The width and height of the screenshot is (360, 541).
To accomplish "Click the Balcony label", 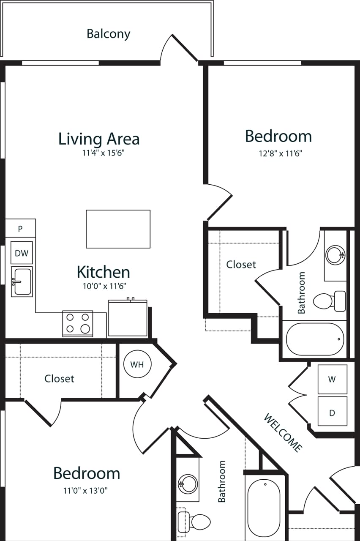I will [108, 34].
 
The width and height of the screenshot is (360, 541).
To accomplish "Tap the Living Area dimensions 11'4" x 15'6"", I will [103, 153].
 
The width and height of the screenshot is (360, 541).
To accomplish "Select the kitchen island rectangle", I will [118, 229].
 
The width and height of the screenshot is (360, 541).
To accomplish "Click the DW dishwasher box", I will [22, 253].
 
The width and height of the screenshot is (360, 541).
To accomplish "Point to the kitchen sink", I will [22, 282].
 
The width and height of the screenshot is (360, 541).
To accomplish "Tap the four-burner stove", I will [78, 323].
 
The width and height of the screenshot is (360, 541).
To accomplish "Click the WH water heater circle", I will [137, 364].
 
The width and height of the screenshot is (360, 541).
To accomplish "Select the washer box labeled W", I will [332, 380].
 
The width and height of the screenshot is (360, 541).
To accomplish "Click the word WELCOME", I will [283, 432].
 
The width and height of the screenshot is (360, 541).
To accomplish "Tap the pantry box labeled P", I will [20, 229].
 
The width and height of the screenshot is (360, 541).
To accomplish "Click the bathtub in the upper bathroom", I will [315, 339].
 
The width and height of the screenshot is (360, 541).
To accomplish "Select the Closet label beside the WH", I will [59, 379].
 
